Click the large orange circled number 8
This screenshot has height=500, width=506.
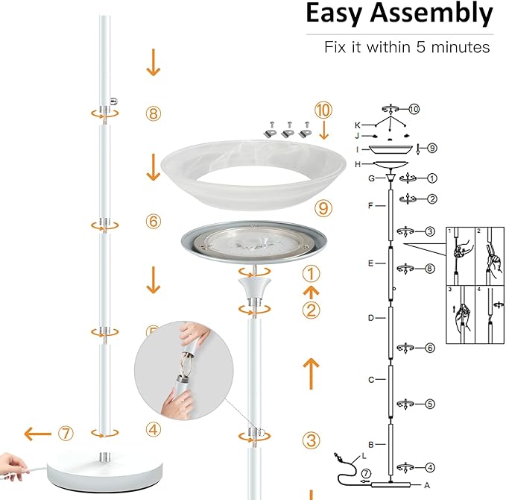tap(153, 113)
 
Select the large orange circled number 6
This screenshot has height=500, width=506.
tap(153, 222)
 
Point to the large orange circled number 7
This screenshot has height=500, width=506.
tap(68, 433)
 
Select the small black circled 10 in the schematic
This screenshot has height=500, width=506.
tap(414, 109)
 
